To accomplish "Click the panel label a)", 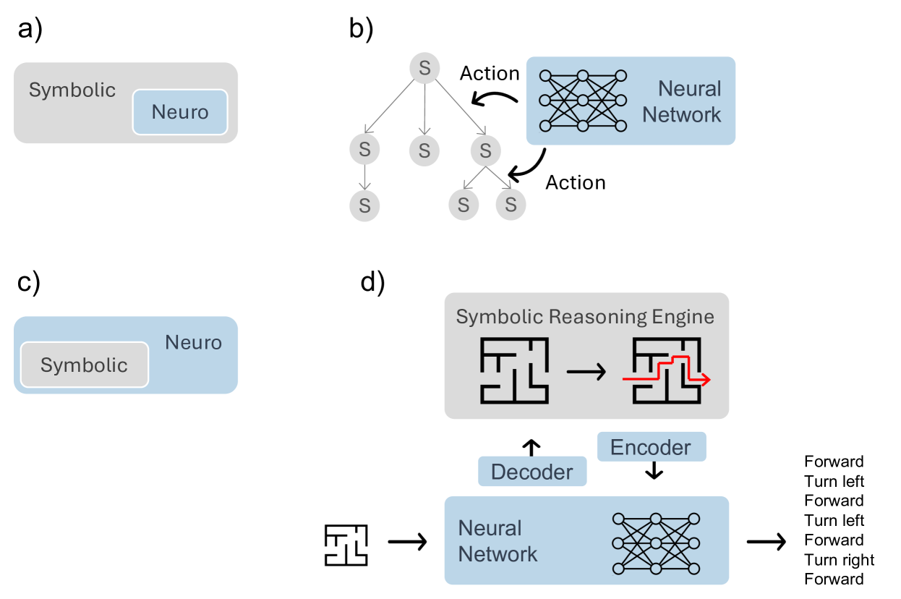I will coord(30,31).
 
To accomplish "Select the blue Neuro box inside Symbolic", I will coord(180,112).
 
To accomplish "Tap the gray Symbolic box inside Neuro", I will coord(84,365).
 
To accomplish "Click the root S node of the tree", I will coord(424,68).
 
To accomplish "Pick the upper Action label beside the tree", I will coord(490,73).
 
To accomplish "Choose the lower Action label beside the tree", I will coord(575,182).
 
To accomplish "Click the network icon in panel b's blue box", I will coord(583,101).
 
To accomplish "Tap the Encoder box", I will coord(651,447).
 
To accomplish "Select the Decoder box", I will coord(531,472).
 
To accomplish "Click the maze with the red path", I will coord(666,371).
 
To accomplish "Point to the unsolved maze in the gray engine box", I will coord(513,371).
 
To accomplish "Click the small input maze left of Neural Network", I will coord(346,545).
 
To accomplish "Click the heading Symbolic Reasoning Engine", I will coord(585,317).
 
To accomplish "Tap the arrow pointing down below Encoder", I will coord(654,471).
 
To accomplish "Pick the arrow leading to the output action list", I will coord(766,540).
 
